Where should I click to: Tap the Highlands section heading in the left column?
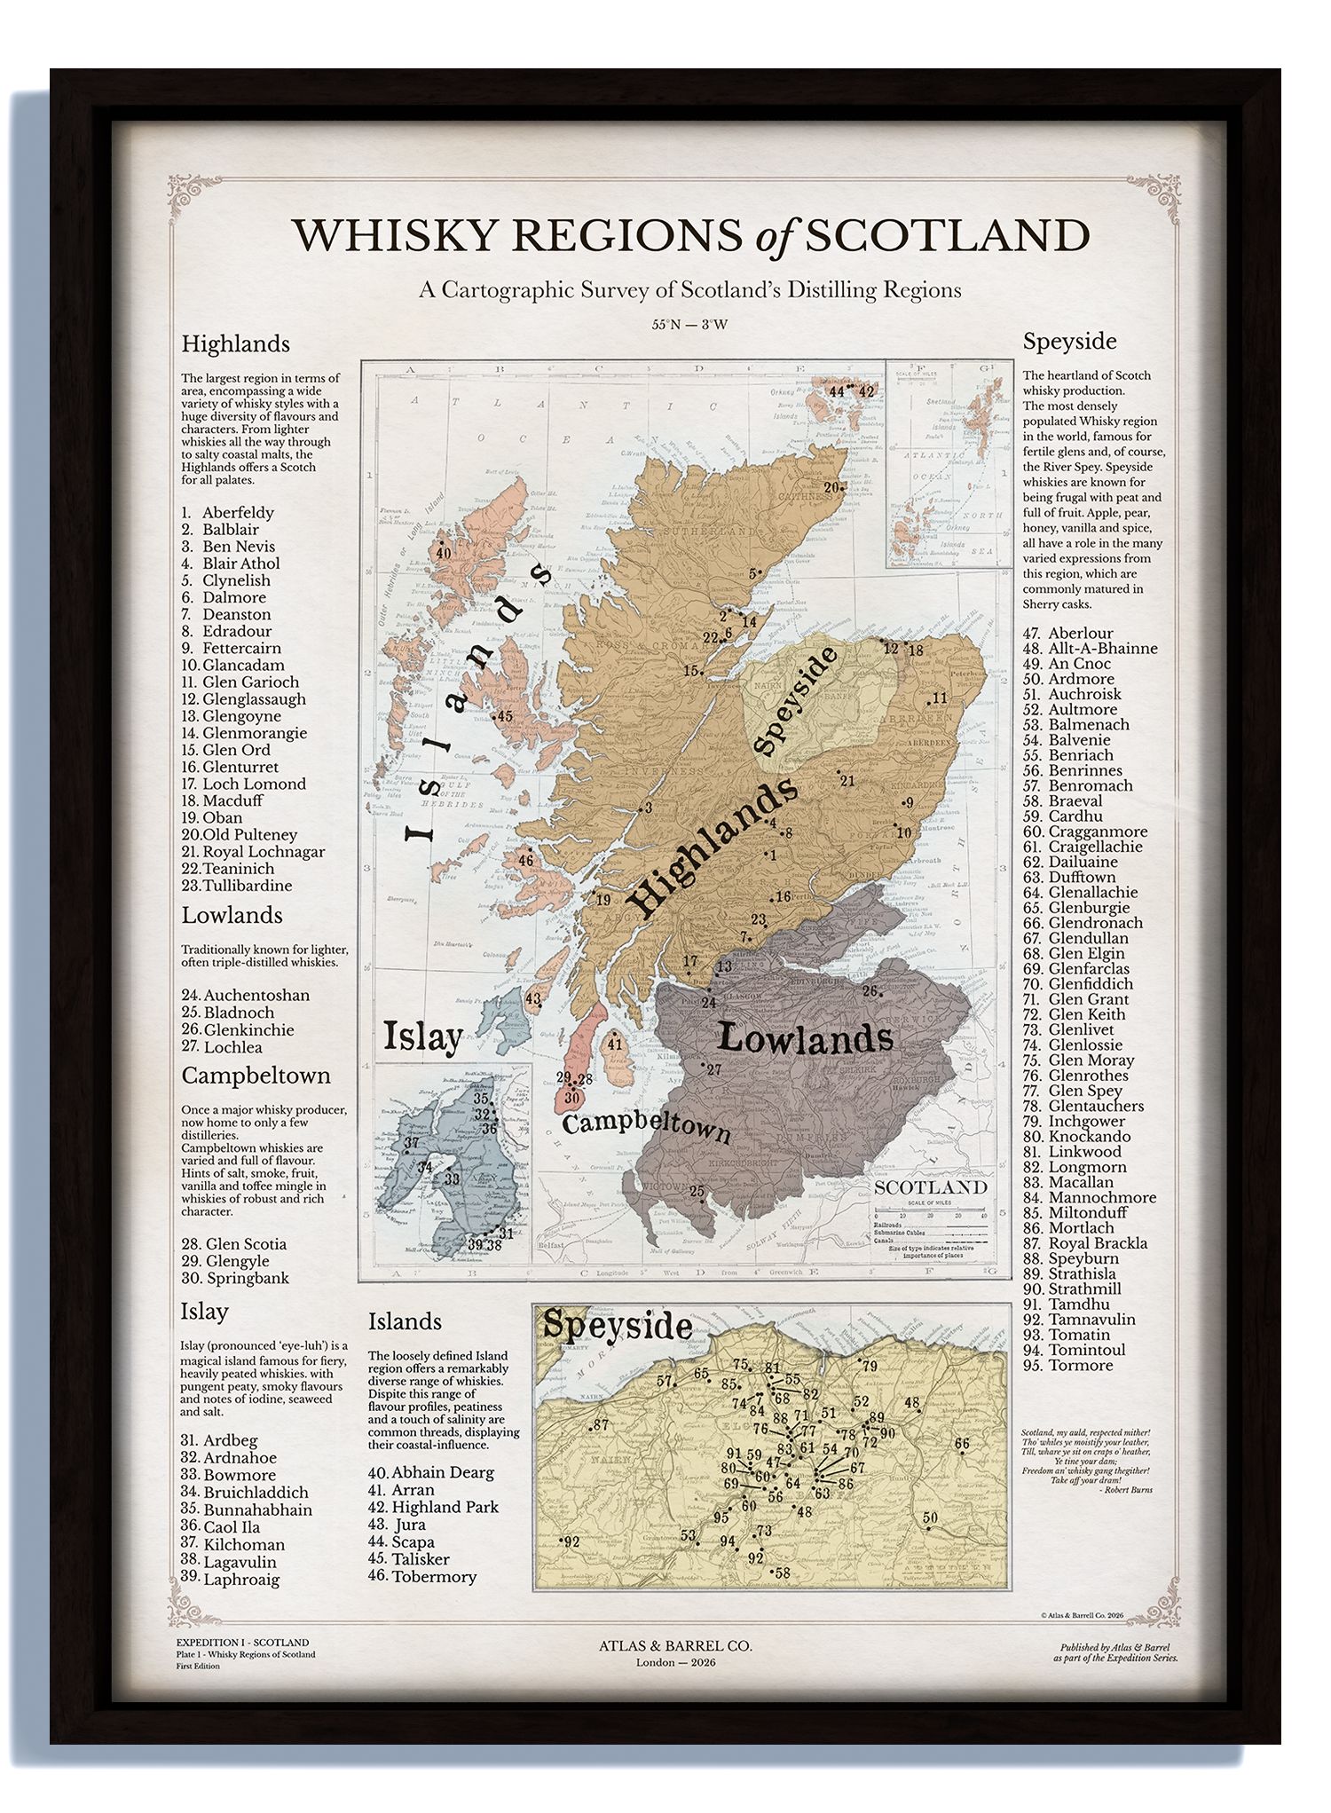pos(235,343)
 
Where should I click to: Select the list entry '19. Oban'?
pos(212,817)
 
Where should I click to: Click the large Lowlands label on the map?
pos(804,1038)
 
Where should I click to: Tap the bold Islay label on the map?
pos(423,1036)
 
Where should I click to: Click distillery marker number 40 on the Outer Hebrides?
pos(444,553)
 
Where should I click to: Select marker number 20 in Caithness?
pos(832,487)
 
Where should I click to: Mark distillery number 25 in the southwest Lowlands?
pos(697,1192)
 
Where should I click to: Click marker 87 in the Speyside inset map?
pos(601,1425)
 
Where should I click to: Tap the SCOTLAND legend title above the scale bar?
pos(930,1187)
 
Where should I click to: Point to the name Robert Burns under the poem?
pos(1129,1490)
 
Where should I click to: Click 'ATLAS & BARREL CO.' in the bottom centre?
pos(675,1645)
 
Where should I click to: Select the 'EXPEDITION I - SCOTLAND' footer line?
pos(242,1643)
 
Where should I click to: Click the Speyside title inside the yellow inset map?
pos(618,1326)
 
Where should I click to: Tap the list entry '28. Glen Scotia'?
pos(233,1244)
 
